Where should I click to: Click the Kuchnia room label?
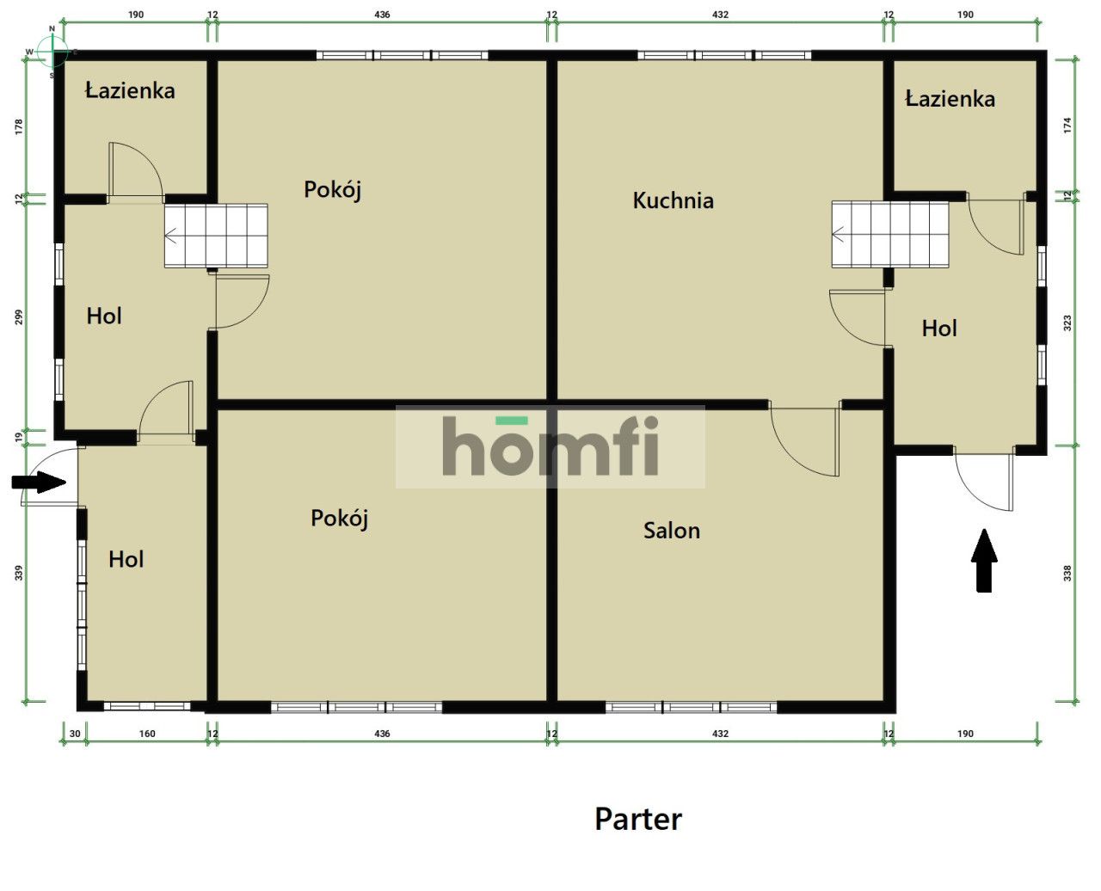point(673,200)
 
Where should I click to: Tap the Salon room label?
point(672,531)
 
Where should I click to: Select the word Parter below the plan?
point(638,819)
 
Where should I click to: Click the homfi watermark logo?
point(550,447)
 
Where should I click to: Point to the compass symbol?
point(52,52)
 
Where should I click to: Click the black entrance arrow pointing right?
point(39,482)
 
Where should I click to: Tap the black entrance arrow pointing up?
point(984,560)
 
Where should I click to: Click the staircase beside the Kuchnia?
point(890,235)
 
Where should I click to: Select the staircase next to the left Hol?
point(216,236)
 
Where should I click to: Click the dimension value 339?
point(19,573)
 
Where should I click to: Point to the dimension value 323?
point(1067,323)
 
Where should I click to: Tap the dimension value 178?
point(19,126)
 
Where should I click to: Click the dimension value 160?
point(147,734)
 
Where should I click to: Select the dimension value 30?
point(75,734)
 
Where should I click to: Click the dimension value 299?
point(19,316)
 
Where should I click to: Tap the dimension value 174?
point(1067,126)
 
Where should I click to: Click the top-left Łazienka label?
point(130,90)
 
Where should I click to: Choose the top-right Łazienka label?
point(950,98)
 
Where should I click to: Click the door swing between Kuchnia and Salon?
point(804,439)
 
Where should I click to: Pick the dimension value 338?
point(1067,573)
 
